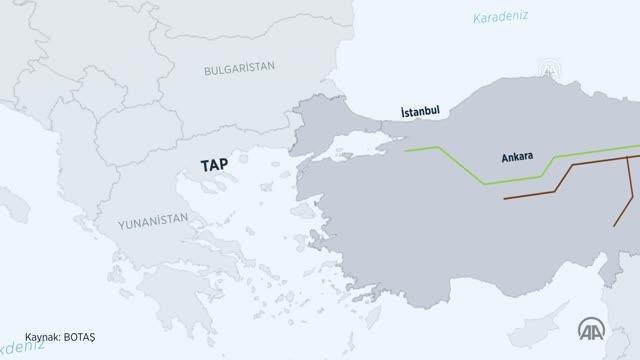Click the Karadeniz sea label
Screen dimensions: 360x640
pos(500,16)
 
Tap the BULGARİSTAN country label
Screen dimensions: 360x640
pos(239,69)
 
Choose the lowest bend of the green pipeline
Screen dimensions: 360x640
pos(484,184)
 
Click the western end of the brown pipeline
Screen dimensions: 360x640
pos(505,198)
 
